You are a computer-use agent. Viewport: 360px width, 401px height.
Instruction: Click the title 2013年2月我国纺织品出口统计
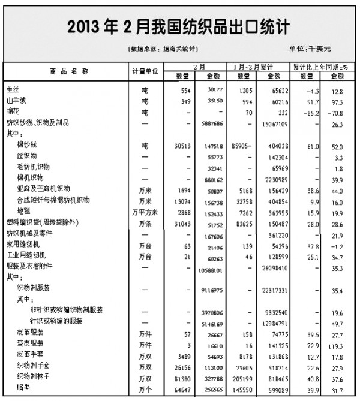(x=179, y=27)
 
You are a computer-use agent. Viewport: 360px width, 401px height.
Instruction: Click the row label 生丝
(x=13, y=91)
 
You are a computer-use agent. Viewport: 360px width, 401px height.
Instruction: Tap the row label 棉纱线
(x=27, y=145)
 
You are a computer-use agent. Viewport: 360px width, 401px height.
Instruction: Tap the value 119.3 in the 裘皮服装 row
(x=336, y=346)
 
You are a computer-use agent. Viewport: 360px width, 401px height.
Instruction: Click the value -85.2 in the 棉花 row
(x=310, y=112)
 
